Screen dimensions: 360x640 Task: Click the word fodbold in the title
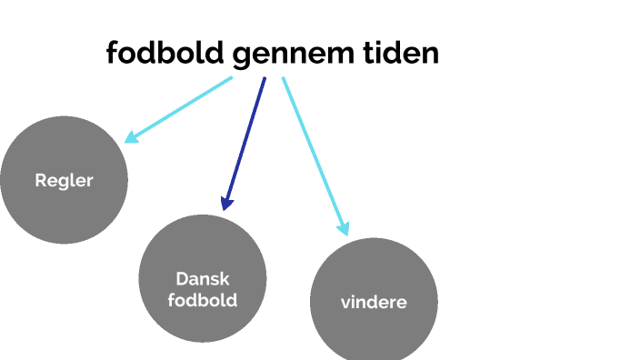[165, 54]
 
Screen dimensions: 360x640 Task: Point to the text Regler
[64, 180]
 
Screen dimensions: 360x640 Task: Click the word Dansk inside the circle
[203, 279]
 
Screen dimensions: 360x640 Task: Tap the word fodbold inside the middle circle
[203, 299]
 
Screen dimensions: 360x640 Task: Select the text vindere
[374, 303]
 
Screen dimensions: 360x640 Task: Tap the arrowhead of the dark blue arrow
[227, 204]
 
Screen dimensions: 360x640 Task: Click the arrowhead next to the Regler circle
[131, 137]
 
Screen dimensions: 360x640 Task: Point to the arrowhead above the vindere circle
[343, 228]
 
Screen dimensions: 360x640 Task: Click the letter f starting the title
[112, 54]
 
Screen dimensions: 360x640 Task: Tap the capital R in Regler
[40, 180]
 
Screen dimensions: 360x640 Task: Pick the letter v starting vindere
[345, 303]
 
